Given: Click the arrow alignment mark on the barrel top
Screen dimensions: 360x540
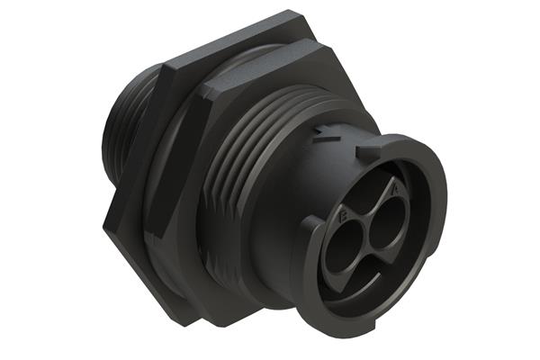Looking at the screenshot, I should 326,137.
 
